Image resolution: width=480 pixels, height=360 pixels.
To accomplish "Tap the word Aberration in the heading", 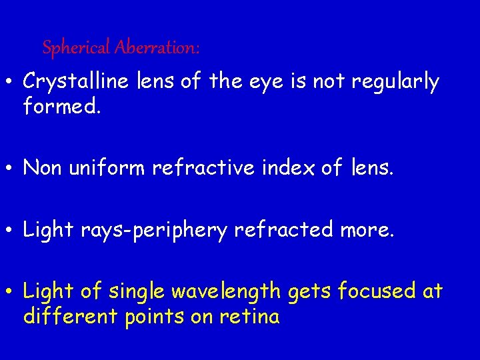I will tap(157, 48).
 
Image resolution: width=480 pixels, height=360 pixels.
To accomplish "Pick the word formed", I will tap(61, 105).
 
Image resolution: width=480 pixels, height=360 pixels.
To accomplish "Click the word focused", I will tap(377, 291).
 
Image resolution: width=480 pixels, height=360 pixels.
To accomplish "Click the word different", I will tap(71, 315).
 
